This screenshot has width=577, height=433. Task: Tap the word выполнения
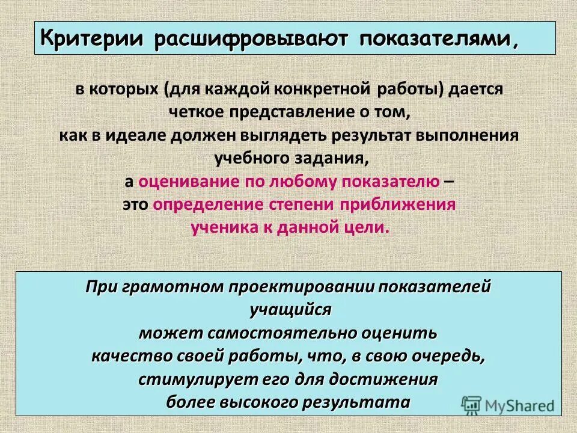tap(466, 135)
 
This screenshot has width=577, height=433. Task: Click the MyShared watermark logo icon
tap(471, 405)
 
